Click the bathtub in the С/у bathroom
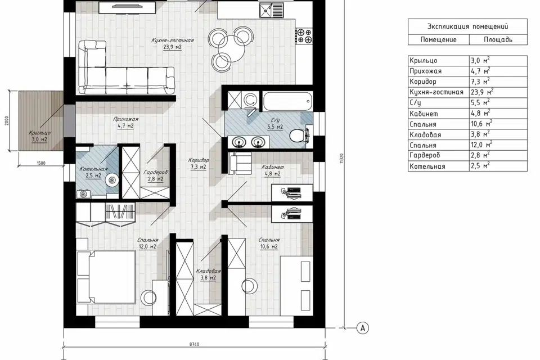tap(288, 101)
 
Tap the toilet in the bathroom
tap(298, 136)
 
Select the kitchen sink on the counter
tap(271, 10)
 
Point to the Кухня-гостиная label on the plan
tap(173, 40)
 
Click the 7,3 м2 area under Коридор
tap(199, 167)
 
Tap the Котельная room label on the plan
tap(94, 169)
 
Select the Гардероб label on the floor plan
tap(156, 172)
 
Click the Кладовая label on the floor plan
tap(208, 271)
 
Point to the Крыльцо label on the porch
tap(39, 133)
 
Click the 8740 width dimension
tap(194, 344)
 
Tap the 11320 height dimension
tap(341, 159)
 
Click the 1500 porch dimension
tap(41, 163)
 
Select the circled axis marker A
tap(363, 328)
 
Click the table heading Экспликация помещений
tap(467, 26)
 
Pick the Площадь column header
tap(498, 39)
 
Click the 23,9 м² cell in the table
tap(482, 92)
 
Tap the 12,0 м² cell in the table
tap(481, 145)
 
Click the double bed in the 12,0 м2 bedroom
tap(106, 277)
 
